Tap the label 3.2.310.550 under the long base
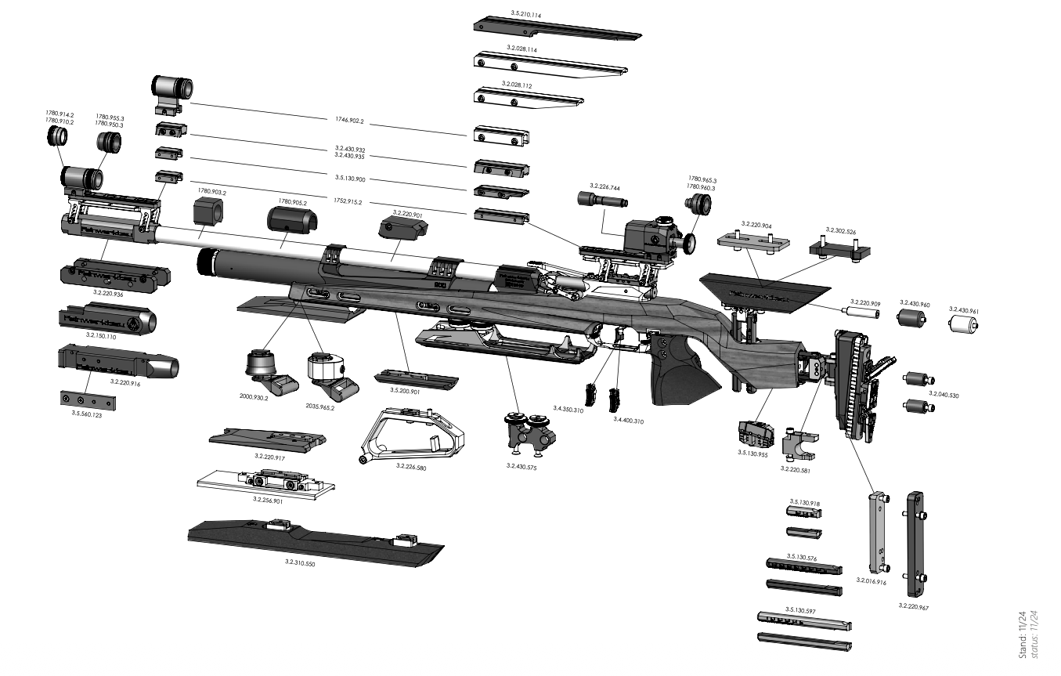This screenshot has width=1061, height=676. (x=300, y=562)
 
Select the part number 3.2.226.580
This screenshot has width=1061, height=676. (x=411, y=466)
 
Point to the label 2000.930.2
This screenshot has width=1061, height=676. (x=254, y=398)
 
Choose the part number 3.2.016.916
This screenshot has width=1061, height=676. (x=871, y=581)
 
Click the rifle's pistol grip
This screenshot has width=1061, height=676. (x=680, y=372)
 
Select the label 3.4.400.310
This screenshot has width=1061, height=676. (x=629, y=421)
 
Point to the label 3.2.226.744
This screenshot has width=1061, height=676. (x=604, y=188)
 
